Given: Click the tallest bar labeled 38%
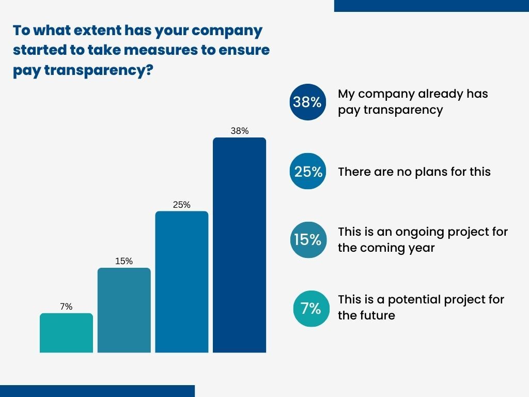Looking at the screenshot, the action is (x=240, y=245).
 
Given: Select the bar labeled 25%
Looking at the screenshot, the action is (x=182, y=282).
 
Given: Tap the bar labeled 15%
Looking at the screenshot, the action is (x=124, y=310).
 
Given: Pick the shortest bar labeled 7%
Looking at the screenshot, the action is (x=67, y=333).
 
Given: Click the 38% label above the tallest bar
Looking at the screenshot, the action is (x=240, y=131).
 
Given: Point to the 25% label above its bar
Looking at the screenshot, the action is (x=182, y=205).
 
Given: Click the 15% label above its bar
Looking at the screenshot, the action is (x=124, y=261).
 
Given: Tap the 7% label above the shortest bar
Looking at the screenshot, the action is (x=67, y=307).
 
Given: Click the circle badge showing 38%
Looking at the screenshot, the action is (x=308, y=102).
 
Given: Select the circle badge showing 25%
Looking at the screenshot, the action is (x=308, y=171).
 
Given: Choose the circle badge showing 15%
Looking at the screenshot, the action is (x=308, y=240).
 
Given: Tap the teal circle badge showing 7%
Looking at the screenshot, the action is (x=311, y=309).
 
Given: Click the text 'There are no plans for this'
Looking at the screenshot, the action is (x=414, y=172).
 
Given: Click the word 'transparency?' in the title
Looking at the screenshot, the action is (x=99, y=70).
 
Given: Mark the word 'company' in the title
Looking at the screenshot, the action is (x=227, y=31).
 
